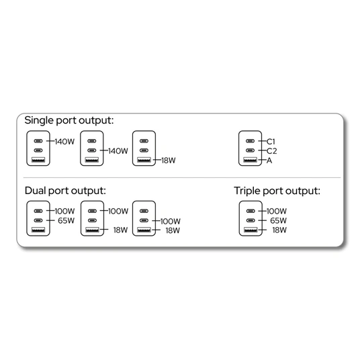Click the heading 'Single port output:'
coord(69,120)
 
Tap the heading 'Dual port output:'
coord(65,191)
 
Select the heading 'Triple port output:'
coord(277,191)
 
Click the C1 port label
coord(271,142)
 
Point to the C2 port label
coord(272,151)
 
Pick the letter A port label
coord(269,161)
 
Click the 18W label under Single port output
coord(169,161)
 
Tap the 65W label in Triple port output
coord(278,221)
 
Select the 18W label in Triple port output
coord(279,230)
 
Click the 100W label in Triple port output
coord(277,211)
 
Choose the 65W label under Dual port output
coord(66,221)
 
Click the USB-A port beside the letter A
coord(251,160)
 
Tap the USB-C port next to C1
coord(251,141)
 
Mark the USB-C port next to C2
coord(251,150)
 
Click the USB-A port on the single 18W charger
coord(144,160)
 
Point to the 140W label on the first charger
coord(64,142)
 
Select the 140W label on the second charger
coord(118,151)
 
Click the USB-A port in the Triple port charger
coord(251,230)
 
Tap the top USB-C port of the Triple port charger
coord(251,211)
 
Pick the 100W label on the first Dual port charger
coord(64,211)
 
